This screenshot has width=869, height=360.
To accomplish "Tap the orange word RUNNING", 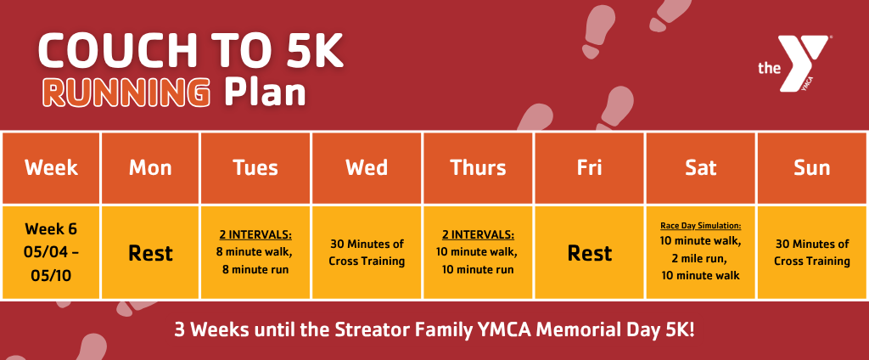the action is pyautogui.click(x=126, y=93).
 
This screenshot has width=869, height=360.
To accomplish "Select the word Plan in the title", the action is pyautogui.click(x=265, y=93).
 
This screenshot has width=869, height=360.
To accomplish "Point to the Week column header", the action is pyautogui.click(x=51, y=168).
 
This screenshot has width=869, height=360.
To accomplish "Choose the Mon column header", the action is pyautogui.click(x=150, y=168).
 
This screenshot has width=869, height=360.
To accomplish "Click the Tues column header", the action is pyautogui.click(x=255, y=168).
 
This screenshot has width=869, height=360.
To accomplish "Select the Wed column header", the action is pyautogui.click(x=367, y=168).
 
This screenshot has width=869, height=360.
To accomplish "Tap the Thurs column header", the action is pyautogui.click(x=478, y=168).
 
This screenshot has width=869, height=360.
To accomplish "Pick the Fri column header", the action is pyautogui.click(x=589, y=168).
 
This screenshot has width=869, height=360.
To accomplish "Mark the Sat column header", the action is pyautogui.click(x=700, y=168).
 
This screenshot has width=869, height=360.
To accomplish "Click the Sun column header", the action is pyautogui.click(x=812, y=168).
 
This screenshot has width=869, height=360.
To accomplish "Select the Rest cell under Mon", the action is pyautogui.click(x=150, y=252).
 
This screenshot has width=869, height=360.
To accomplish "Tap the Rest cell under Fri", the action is pyautogui.click(x=589, y=252).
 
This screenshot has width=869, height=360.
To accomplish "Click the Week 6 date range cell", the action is pyautogui.click(x=51, y=252).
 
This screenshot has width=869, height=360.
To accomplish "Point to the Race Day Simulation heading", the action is pyautogui.click(x=700, y=227).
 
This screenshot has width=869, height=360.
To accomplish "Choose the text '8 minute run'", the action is pyautogui.click(x=255, y=270).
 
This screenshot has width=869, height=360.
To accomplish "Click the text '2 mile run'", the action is pyautogui.click(x=700, y=258).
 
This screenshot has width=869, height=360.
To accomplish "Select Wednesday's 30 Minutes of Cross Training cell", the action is pyautogui.click(x=367, y=252).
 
